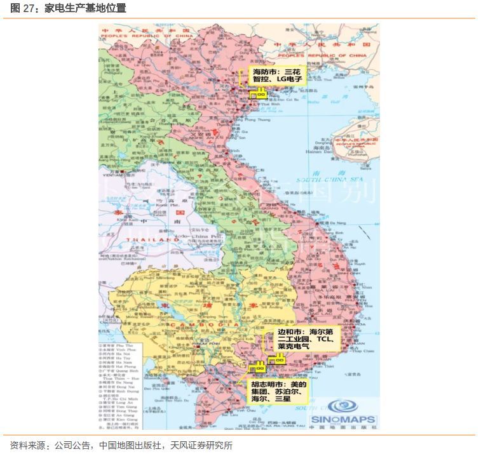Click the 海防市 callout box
277,76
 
